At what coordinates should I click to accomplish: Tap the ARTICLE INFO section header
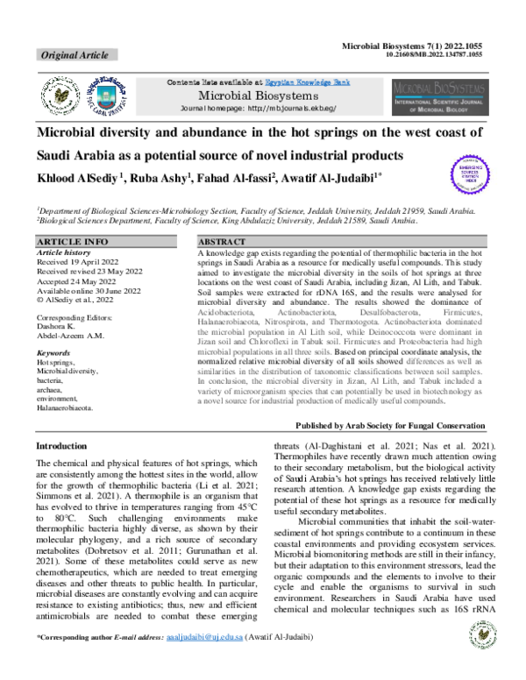click(74, 240)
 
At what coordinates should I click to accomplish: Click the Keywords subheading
click(53, 328)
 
